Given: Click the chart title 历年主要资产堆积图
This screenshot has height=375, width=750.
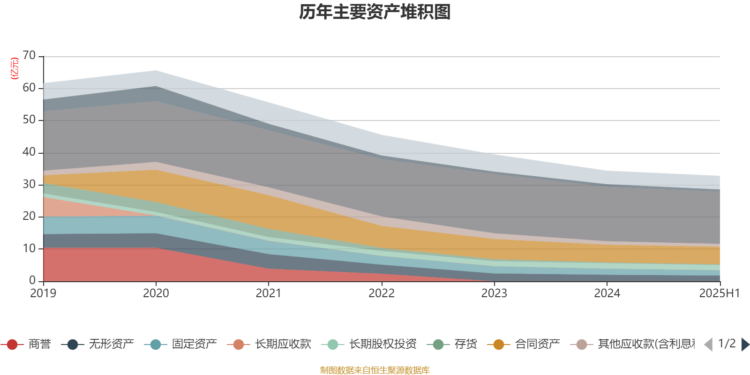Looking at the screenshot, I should click(375, 12).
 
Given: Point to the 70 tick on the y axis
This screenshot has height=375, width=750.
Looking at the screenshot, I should click(29, 56).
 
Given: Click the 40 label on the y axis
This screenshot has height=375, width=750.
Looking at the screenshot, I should click(29, 152).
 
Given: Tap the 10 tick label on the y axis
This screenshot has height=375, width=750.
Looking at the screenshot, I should click(29, 248).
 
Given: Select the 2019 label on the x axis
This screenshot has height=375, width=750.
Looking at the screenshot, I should click(43, 293).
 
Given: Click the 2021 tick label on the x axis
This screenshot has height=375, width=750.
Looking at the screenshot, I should click(268, 293).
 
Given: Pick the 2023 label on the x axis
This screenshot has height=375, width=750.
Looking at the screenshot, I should click(494, 293).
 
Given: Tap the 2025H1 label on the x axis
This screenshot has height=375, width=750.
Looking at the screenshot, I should click(719, 293).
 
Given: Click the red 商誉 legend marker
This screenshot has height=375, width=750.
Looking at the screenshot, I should click(13, 345).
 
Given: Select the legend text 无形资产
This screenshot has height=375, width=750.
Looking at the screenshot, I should click(112, 345).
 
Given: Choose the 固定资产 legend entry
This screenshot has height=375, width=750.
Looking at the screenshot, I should click(194, 345).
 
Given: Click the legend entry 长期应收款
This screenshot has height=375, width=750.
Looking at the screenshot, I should click(283, 345).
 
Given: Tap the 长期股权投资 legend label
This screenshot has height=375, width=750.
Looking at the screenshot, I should click(382, 345).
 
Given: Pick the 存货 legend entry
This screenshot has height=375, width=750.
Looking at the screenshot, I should click(465, 345).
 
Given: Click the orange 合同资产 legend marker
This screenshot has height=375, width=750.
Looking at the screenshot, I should click(499, 345).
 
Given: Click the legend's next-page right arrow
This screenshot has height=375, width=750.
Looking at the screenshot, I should click(745, 345).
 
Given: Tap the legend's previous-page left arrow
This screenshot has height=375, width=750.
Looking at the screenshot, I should click(708, 345).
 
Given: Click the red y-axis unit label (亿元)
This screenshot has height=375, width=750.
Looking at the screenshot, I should click(15, 68).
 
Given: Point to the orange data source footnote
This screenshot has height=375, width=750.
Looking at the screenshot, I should click(375, 370).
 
